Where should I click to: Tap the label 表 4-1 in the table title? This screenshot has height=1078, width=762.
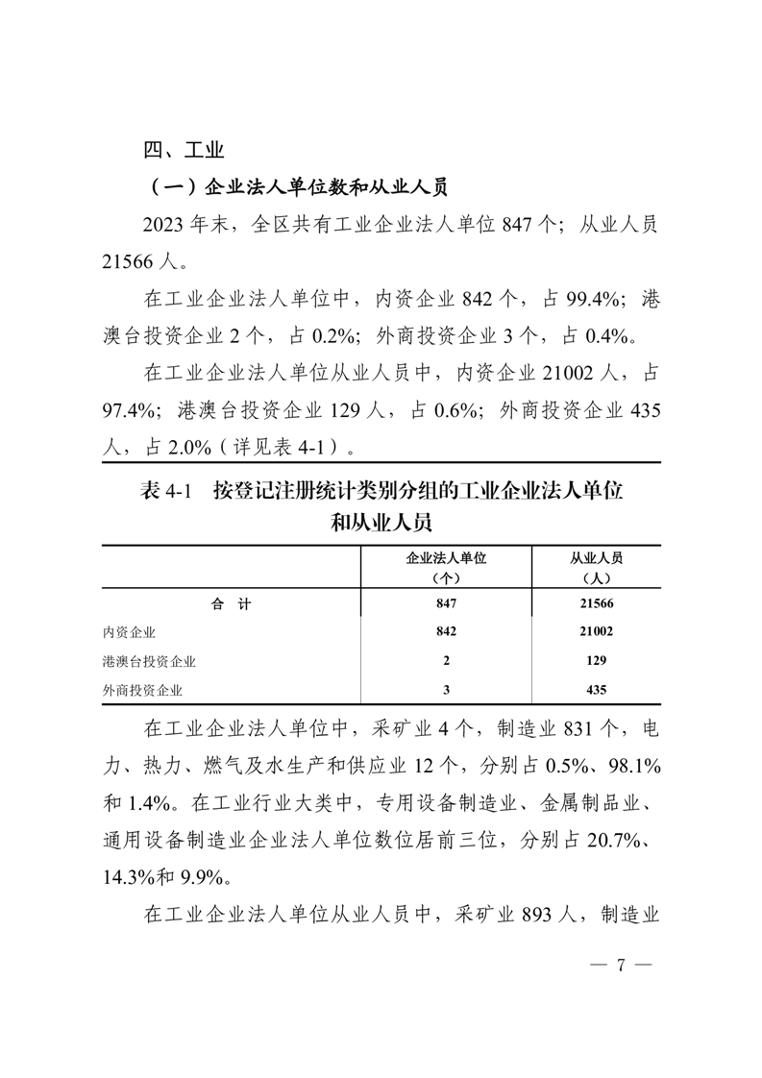click(x=167, y=492)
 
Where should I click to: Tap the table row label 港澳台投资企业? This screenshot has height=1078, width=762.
click(x=149, y=661)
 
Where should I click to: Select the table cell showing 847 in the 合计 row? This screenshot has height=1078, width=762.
click(x=446, y=603)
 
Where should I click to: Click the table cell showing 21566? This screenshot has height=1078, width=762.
click(x=596, y=603)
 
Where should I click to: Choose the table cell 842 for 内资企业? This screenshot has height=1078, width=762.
click(x=446, y=632)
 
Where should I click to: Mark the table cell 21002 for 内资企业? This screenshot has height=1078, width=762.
click(x=596, y=632)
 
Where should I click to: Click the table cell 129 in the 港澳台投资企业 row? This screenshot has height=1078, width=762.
click(x=596, y=661)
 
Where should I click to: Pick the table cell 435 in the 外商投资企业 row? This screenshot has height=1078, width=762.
click(x=596, y=689)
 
